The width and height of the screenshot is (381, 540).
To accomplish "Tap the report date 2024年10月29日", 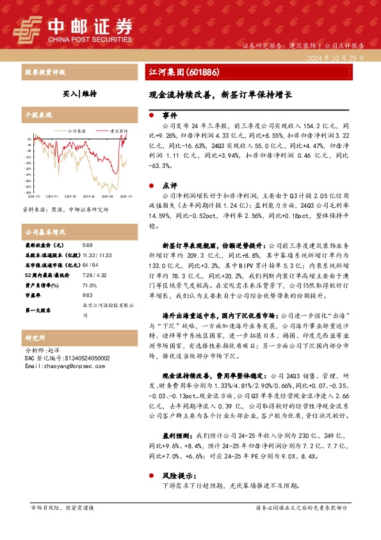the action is (x=338, y=58).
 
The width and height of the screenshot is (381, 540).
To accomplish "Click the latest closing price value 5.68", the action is (x=88, y=246).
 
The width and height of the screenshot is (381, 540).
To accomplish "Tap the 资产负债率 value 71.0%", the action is (x=90, y=284).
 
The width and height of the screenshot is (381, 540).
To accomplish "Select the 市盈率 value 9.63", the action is (x=88, y=294).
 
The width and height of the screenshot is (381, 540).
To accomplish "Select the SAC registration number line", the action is (x=58, y=358).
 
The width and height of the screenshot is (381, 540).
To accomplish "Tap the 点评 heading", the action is (x=170, y=183).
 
